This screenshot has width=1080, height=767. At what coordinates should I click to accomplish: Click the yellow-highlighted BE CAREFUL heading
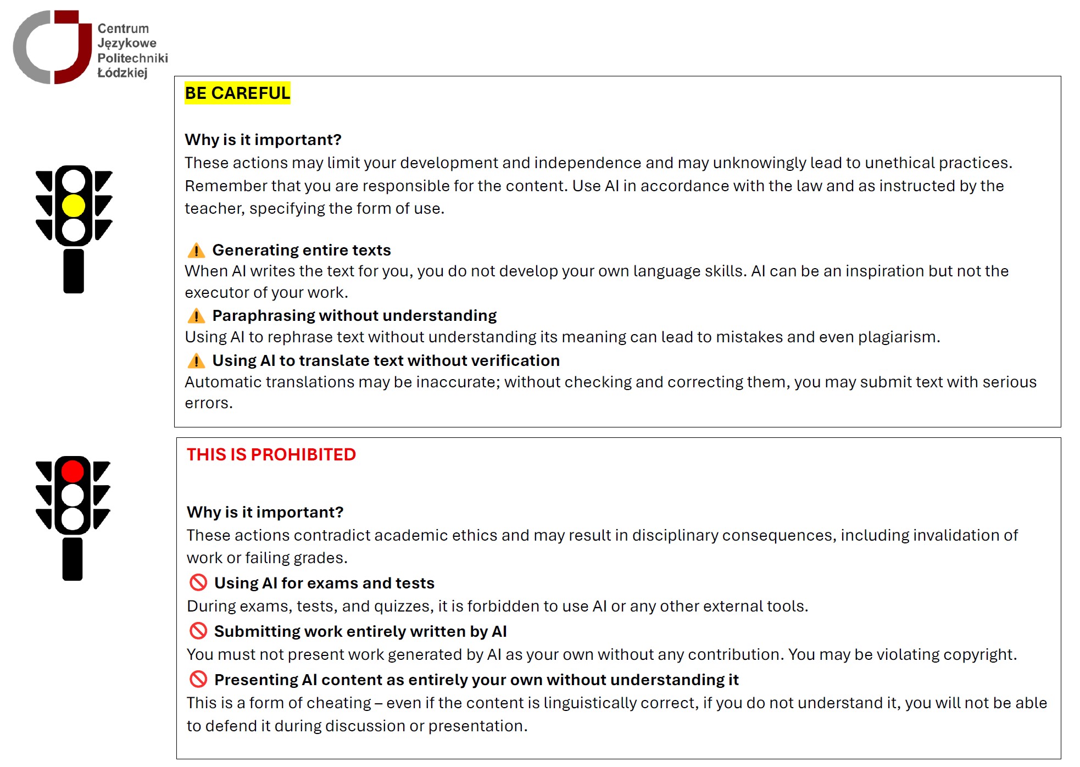(237, 93)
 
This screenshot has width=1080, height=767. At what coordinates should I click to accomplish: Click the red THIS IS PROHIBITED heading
(271, 455)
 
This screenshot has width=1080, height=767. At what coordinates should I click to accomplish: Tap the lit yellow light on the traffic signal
(74, 206)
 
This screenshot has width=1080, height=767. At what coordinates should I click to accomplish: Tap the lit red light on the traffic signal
(73, 471)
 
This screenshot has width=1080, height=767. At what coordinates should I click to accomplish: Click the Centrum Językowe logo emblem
(52, 47)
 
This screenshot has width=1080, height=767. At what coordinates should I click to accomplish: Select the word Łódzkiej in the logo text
(123, 73)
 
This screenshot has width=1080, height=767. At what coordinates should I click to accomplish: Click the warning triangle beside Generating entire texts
(196, 251)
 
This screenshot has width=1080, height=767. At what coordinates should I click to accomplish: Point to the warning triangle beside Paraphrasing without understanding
(196, 316)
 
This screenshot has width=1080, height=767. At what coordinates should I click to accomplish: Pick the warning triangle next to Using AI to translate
(196, 361)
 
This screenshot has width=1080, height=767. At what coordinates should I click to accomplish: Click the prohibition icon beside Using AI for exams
(198, 582)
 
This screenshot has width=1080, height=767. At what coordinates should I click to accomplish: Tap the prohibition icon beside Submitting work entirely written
(198, 631)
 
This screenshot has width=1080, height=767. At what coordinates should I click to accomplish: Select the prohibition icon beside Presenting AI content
(198, 679)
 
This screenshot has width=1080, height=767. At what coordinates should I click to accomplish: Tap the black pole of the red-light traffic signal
(73, 559)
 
